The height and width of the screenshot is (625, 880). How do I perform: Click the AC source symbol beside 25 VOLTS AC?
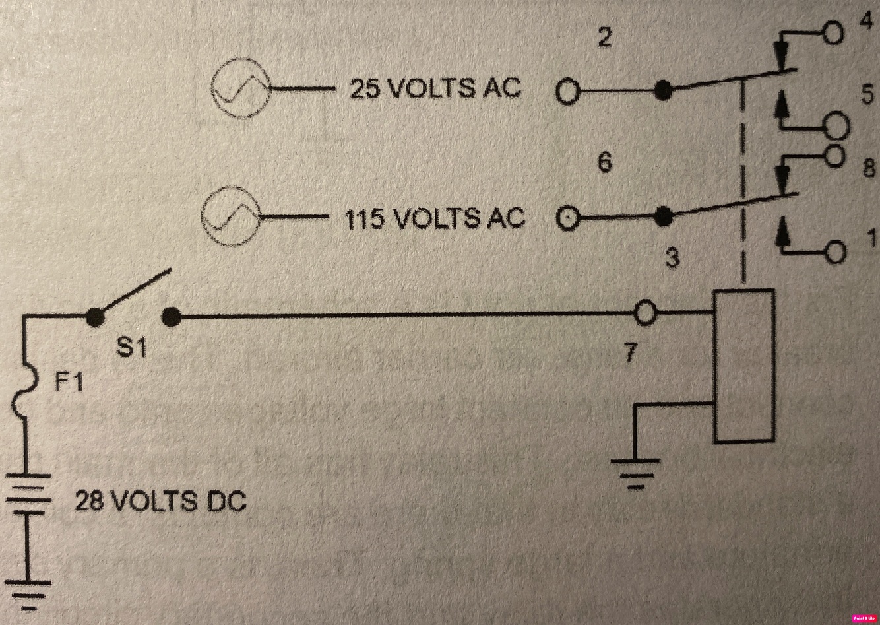point(241,88)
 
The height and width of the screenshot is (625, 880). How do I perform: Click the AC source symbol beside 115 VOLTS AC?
point(231,216)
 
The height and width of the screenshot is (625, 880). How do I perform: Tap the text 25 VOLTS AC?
point(435,88)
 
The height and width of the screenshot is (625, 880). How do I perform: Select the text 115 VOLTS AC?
point(434,218)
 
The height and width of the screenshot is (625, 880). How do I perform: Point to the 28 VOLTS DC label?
point(160,502)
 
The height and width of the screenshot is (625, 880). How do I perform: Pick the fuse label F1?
point(68,381)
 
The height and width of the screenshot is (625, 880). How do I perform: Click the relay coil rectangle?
point(744,366)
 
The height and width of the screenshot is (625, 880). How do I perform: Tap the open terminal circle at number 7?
point(646,313)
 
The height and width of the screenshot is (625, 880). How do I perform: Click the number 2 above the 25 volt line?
point(604,38)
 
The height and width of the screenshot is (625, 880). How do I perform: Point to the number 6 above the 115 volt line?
point(604,162)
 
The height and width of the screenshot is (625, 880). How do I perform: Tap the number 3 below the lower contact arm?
point(672,258)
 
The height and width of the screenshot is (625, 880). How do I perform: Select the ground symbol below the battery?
point(29,594)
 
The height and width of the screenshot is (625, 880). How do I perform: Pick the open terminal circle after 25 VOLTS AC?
point(567,91)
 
